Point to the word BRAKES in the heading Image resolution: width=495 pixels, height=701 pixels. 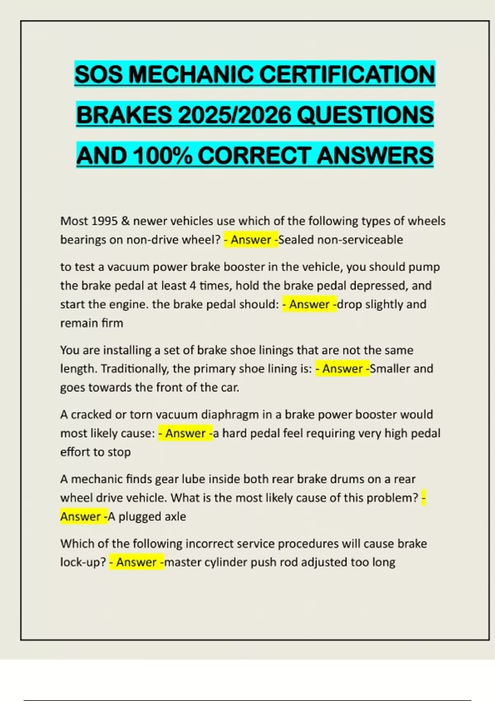(124, 115)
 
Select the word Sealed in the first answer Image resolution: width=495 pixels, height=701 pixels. (296, 240)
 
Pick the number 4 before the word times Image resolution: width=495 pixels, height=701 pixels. (193, 285)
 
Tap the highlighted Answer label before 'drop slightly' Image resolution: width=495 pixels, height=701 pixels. (309, 304)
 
